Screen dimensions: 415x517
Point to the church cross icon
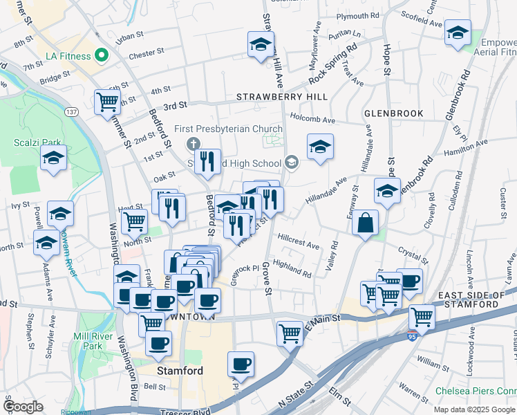[x=193, y=143]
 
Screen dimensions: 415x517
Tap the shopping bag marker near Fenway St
[x=365, y=223]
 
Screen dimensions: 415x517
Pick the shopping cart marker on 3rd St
[x=108, y=102]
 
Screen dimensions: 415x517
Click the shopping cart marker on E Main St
[x=290, y=333]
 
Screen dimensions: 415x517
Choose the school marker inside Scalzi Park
[x=53, y=158]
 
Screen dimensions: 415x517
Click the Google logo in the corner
[x=24, y=407]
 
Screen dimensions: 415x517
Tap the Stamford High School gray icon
[x=292, y=163]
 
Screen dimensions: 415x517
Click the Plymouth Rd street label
[x=357, y=15]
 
